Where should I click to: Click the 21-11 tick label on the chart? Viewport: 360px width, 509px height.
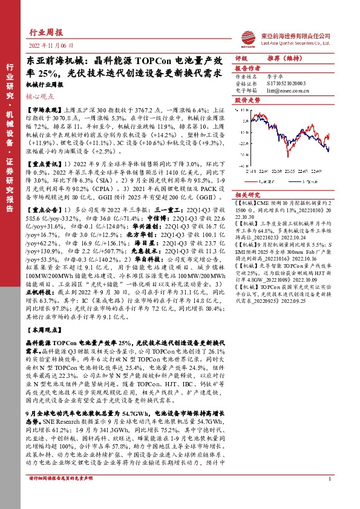[x=249, y=172]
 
